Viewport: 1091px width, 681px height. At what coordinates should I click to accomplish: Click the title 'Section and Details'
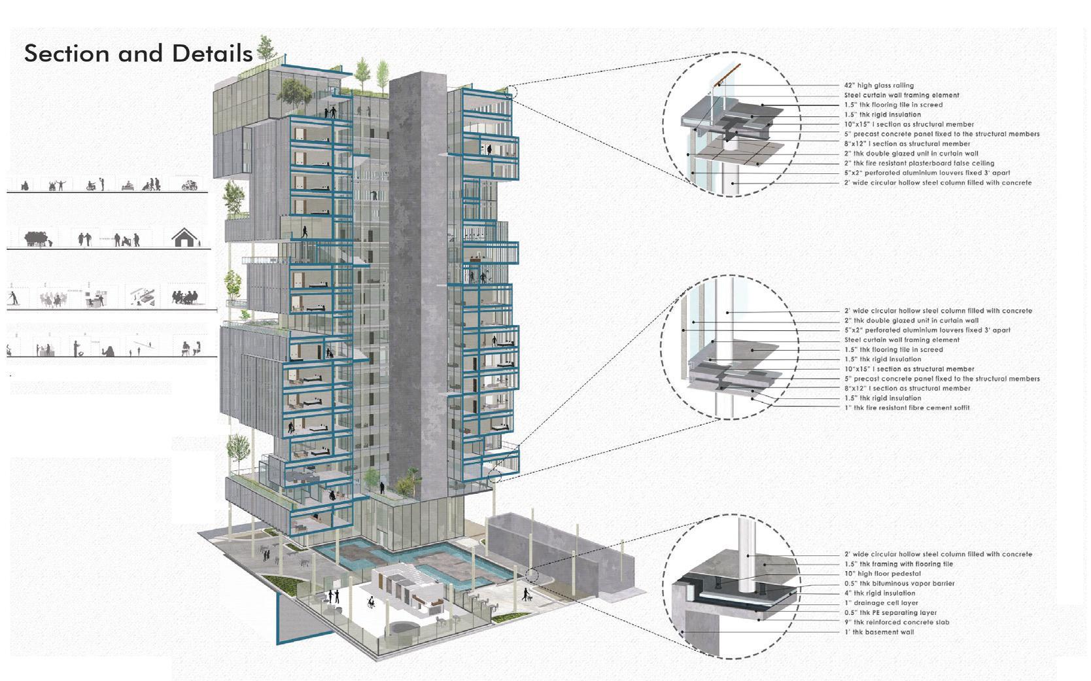click(x=138, y=53)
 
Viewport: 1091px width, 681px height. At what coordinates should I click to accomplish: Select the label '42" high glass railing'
click(x=878, y=85)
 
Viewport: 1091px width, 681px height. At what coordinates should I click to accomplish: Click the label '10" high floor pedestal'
click(x=882, y=574)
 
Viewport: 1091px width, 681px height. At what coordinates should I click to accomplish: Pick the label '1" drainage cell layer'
click(x=881, y=603)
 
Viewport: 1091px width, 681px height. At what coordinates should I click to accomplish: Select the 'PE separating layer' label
click(x=890, y=613)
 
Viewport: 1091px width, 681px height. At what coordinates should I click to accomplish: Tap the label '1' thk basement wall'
click(x=879, y=632)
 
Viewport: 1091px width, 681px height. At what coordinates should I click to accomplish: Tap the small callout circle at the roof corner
click(x=511, y=92)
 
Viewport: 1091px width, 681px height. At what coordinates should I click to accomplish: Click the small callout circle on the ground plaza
click(x=531, y=576)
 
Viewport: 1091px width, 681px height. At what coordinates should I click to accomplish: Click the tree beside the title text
click(x=266, y=48)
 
